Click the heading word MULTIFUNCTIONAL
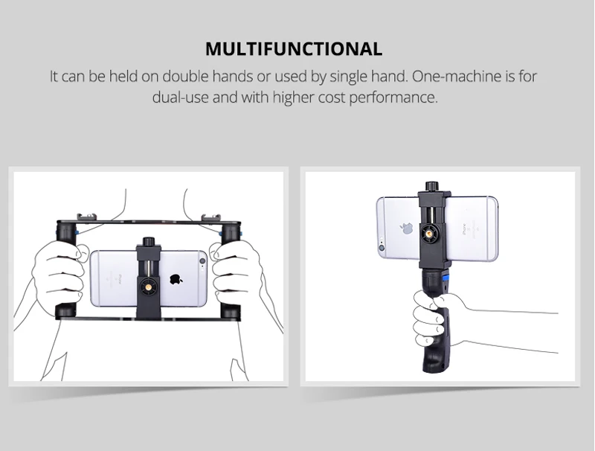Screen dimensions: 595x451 tap(294, 49)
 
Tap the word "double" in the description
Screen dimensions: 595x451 tap(185, 77)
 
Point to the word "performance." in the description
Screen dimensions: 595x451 tap(393, 97)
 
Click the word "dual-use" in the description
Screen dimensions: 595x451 tap(181, 97)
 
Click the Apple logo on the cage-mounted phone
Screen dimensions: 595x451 tap(176, 279)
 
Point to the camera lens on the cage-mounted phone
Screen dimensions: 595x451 tap(202, 261)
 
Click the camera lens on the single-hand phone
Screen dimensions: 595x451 tap(382, 248)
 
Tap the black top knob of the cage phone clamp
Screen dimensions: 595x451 tap(148, 241)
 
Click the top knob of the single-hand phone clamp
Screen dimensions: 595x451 tap(431, 186)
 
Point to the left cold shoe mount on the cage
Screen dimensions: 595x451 tap(86, 217)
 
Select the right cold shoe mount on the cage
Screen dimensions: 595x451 tap(210, 217)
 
